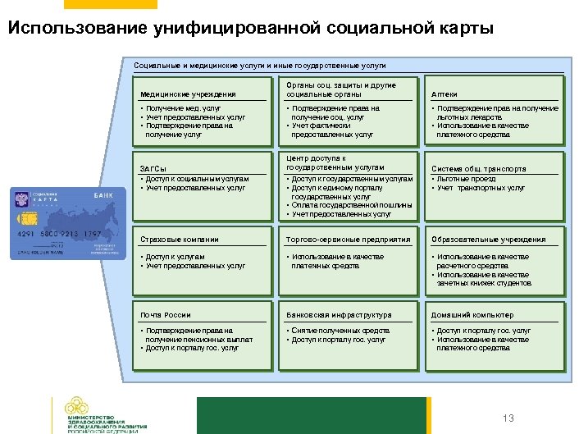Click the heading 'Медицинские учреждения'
(188, 94)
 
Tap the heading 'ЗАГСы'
(154, 169)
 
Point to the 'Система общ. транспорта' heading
(478, 169)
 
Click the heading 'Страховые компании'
(180, 240)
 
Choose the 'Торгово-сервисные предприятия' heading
(348, 240)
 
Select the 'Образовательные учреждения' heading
(489, 240)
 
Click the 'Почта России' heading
(166, 315)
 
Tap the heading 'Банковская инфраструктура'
(339, 315)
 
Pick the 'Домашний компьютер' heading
(473, 315)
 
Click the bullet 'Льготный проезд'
(467, 179)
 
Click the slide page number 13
(508, 418)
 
